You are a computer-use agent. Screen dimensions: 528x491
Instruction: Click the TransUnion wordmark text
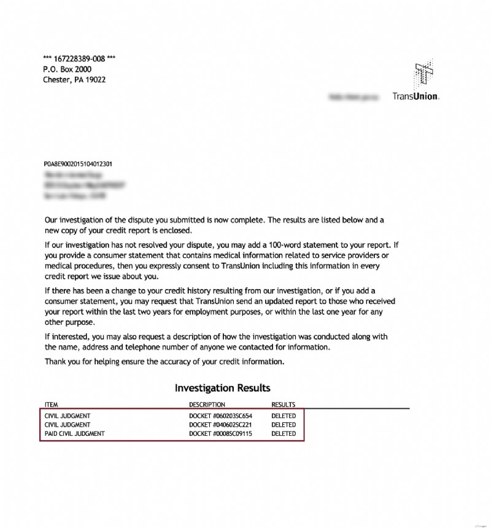point(416,96)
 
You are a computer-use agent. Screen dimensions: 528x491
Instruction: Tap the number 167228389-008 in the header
point(79,59)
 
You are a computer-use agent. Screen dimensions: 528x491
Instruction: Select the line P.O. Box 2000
point(67,69)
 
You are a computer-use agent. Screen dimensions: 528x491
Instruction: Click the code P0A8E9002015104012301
point(77,165)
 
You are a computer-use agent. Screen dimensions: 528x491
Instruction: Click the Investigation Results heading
point(222,388)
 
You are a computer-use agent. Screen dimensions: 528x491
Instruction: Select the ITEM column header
point(51,405)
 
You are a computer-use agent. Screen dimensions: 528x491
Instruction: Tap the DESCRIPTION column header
point(207,405)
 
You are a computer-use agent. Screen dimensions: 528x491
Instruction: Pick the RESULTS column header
point(284,405)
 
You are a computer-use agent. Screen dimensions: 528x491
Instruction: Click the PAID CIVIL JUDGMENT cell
point(75,433)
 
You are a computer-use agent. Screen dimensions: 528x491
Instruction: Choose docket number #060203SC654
point(221,416)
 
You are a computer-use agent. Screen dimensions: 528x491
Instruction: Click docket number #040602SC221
point(221,425)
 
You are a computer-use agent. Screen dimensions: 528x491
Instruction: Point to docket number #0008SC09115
point(221,433)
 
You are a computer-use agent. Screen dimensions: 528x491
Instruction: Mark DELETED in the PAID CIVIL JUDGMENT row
point(284,433)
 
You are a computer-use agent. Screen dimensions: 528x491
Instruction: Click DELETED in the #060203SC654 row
point(284,416)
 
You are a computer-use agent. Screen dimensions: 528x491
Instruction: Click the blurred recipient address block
point(83,185)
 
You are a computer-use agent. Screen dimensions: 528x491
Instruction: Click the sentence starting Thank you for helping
point(164,362)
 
